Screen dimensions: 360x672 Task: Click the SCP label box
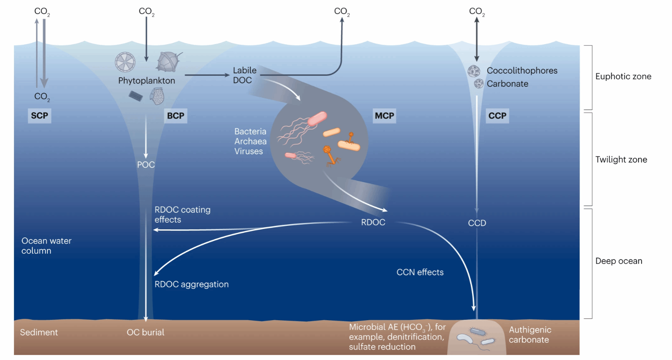pyautogui.click(x=39, y=116)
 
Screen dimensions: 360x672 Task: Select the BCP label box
pyautogui.click(x=175, y=116)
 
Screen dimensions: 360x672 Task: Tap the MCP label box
pyautogui.click(x=384, y=116)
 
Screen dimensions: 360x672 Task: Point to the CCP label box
pyautogui.click(x=497, y=116)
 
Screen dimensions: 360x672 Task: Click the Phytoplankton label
pyautogui.click(x=147, y=81)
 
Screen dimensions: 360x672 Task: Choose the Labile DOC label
pyautogui.click(x=244, y=75)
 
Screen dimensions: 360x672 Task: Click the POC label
pyautogui.click(x=146, y=165)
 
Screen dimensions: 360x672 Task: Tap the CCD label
pyautogui.click(x=477, y=223)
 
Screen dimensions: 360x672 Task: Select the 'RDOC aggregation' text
pyautogui.click(x=191, y=284)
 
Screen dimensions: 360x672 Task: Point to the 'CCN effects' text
pyautogui.click(x=420, y=272)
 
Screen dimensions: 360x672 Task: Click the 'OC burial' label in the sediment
pyautogui.click(x=145, y=332)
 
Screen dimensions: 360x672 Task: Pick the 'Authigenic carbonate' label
pyautogui.click(x=530, y=335)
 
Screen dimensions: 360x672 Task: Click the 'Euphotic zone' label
pyautogui.click(x=623, y=76)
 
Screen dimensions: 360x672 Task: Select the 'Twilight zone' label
pyautogui.click(x=621, y=160)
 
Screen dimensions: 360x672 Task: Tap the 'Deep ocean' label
pyautogui.click(x=619, y=261)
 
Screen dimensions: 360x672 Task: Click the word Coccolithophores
pyautogui.click(x=522, y=71)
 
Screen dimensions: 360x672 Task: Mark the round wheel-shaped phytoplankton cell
pyautogui.click(x=125, y=62)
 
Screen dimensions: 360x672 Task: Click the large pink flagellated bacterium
pyautogui.click(x=317, y=119)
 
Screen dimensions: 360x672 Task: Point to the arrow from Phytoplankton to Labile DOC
pyautogui.click(x=207, y=75)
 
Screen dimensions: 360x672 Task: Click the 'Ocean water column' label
pyautogui.click(x=46, y=246)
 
